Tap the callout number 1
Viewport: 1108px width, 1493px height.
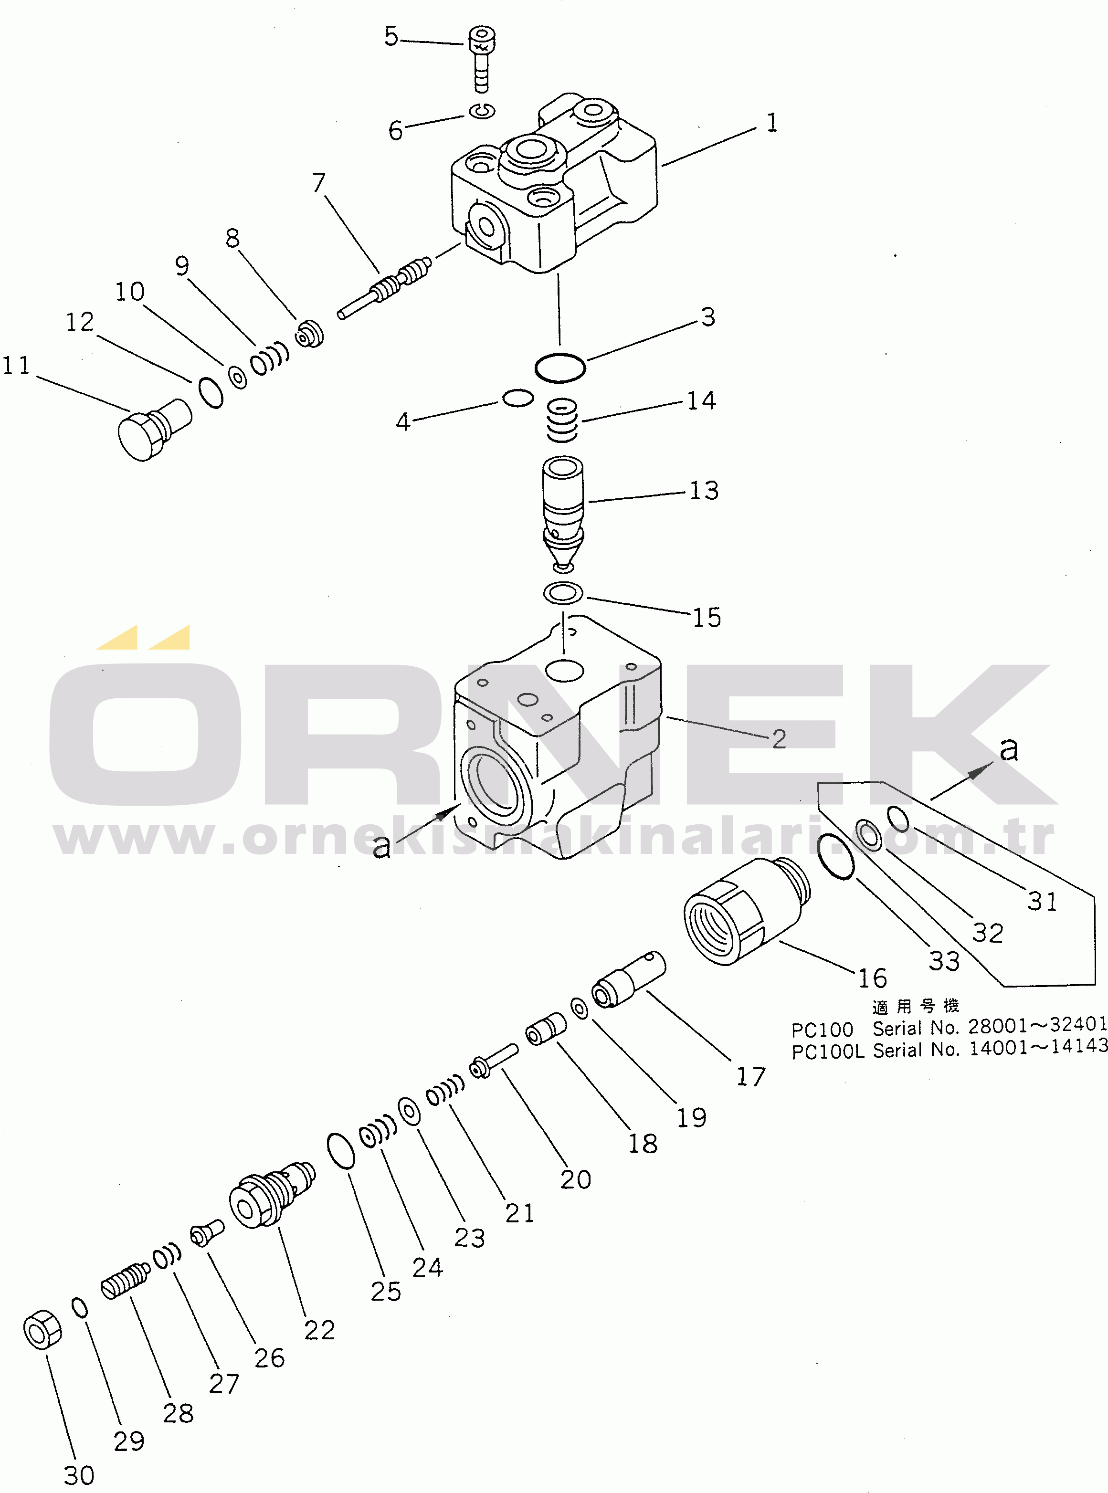coord(772,123)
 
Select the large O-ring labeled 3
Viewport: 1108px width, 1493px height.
coord(560,368)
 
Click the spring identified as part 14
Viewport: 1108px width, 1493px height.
coord(562,421)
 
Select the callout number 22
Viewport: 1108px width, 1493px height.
coord(319,1330)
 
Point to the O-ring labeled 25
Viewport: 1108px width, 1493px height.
coord(341,1150)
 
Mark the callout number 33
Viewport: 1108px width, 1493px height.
coord(944,961)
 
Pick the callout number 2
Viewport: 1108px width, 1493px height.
coord(779,739)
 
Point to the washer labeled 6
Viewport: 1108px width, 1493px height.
coord(482,111)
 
